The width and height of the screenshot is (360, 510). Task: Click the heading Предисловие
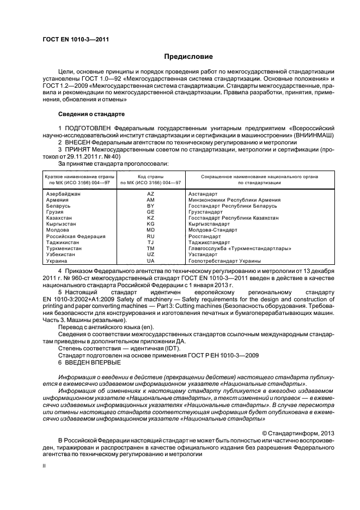[x=189, y=57]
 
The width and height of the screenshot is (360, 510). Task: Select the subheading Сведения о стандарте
[x=91, y=114]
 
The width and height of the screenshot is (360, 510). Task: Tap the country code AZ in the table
[x=151, y=194]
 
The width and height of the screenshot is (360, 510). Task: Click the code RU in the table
[x=151, y=236]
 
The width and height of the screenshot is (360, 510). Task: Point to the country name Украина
[x=57, y=261]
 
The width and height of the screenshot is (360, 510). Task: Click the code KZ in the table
[x=151, y=218]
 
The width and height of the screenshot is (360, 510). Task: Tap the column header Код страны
[x=151, y=177]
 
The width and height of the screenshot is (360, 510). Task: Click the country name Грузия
[x=56, y=212]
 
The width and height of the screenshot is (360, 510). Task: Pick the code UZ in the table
[x=151, y=254]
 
